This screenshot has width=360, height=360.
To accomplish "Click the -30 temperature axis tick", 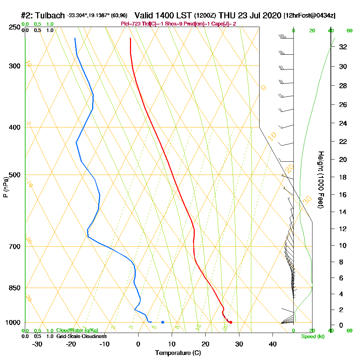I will (37, 344).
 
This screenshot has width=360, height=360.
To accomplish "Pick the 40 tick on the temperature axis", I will (273, 344).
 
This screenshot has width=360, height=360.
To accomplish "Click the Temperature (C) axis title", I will (178, 353).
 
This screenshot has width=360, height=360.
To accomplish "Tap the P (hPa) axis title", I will (6, 187).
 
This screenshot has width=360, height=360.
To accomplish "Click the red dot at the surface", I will (231, 322).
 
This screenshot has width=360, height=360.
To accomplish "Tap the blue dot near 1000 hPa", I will (163, 322).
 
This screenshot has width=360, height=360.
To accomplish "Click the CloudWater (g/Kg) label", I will (77, 330).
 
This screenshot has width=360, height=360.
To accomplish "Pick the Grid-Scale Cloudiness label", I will (81, 336).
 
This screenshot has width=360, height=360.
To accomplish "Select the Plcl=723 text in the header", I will (131, 24).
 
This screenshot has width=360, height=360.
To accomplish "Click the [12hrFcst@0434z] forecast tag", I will (310, 16).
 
